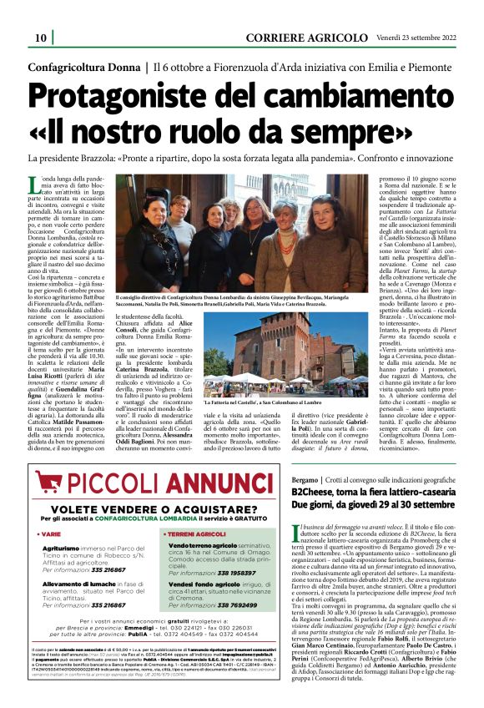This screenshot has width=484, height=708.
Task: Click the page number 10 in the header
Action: (40, 38)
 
